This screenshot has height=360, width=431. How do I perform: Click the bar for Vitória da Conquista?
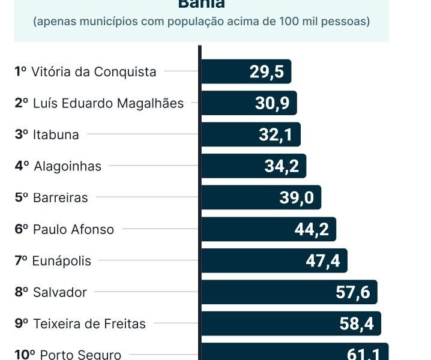[x=246, y=71]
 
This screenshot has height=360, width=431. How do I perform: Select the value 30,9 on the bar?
[x=273, y=103]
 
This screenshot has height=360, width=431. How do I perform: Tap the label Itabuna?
[x=56, y=134]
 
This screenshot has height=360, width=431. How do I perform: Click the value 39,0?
[x=297, y=197]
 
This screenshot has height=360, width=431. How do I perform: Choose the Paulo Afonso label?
[x=73, y=229]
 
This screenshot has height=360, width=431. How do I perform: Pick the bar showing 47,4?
[x=274, y=260]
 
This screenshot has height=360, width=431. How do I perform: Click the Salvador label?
[x=60, y=292]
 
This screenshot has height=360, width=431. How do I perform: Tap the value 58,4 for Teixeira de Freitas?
[x=357, y=324]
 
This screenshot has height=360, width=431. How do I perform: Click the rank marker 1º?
[x=21, y=71]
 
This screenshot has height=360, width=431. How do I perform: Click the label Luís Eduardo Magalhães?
[x=108, y=103]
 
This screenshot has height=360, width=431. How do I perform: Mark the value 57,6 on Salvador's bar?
[x=353, y=292]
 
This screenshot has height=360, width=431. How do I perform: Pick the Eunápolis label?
[x=62, y=261]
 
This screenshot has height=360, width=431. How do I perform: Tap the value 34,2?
[x=282, y=166]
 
